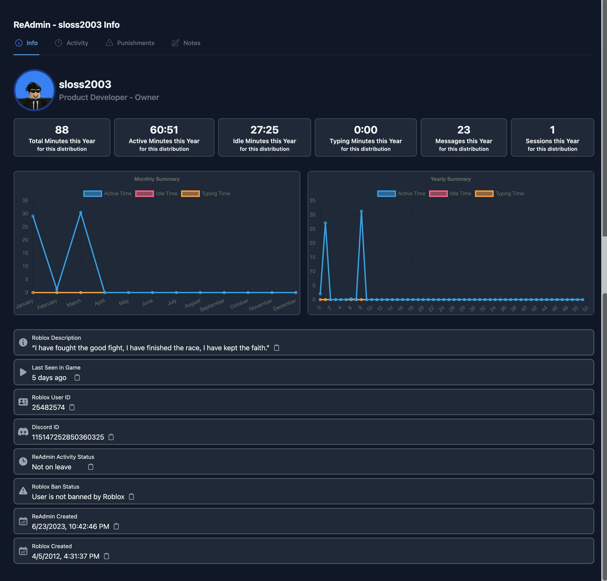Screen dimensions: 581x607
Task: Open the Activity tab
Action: (72, 43)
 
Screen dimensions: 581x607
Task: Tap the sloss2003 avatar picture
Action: (34, 90)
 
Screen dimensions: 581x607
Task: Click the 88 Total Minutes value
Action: (62, 130)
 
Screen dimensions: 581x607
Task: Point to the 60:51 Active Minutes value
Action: (164, 130)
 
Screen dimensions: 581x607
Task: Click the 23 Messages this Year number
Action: (463, 130)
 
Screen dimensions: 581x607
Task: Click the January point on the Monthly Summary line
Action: (33, 216)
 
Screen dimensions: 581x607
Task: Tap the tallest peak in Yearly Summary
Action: (361, 211)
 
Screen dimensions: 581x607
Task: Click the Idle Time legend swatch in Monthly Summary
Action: (145, 194)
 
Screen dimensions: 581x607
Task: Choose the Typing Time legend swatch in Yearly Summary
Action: (484, 194)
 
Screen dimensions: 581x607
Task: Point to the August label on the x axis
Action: (193, 303)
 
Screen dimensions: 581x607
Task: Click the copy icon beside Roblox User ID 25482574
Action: (72, 407)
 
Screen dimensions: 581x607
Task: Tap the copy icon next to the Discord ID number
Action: (111, 437)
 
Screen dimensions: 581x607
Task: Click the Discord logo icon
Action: (23, 432)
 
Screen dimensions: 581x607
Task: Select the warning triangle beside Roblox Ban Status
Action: (23, 491)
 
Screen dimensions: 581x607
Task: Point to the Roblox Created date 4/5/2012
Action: (66, 556)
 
